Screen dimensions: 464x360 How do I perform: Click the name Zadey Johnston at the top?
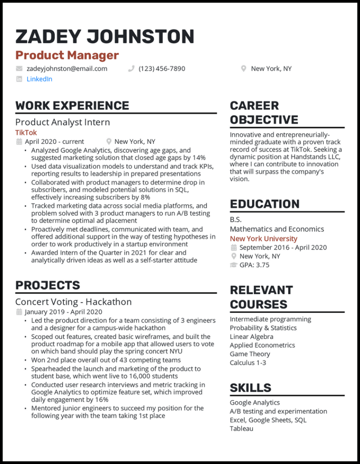(x=105, y=36)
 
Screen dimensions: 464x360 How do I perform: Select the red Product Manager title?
(x=67, y=55)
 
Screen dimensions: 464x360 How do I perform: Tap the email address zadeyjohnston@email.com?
(x=67, y=69)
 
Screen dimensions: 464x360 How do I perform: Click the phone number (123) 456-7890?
(x=162, y=69)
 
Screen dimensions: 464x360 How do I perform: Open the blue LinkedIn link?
(x=39, y=79)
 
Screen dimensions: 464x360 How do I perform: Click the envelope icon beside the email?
(x=19, y=69)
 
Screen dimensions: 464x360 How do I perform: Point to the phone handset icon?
(x=131, y=69)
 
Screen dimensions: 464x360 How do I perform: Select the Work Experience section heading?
(x=72, y=106)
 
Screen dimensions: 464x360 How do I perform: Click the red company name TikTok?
(x=26, y=133)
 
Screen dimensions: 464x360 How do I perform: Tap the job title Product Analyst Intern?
(x=63, y=122)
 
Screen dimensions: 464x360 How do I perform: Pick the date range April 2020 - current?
(x=54, y=142)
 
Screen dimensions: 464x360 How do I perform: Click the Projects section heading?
(x=47, y=286)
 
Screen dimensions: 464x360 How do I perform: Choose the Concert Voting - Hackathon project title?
(x=73, y=302)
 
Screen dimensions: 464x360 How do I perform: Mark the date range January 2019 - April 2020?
(x=63, y=312)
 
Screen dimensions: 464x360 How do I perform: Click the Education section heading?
(x=264, y=204)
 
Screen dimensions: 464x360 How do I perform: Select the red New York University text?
(x=263, y=239)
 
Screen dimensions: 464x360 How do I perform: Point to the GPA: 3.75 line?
(x=254, y=265)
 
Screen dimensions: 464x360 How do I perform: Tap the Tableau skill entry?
(x=242, y=428)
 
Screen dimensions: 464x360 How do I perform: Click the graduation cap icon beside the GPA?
(x=234, y=265)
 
